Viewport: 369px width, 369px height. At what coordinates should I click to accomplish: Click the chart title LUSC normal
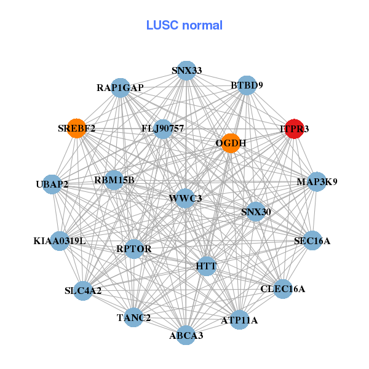pos(184,25)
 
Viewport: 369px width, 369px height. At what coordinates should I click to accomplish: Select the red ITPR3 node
pos(294,129)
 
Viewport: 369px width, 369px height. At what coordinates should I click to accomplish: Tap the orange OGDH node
pos(230,143)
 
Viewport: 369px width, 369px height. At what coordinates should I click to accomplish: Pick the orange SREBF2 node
pos(76,129)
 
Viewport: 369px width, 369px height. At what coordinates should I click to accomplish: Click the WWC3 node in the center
pos(186,198)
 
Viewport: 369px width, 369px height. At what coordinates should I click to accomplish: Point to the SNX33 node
pos(186,71)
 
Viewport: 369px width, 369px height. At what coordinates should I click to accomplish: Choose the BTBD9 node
pos(247,85)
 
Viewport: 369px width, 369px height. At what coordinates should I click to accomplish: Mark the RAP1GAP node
pos(121,88)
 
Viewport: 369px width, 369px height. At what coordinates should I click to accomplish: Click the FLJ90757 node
pos(163,129)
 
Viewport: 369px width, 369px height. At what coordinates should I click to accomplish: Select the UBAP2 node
pos(52,184)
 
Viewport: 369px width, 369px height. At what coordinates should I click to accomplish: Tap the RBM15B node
pos(114,180)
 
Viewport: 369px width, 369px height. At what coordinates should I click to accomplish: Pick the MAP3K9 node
pos(317,181)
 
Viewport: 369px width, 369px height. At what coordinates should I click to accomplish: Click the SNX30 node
pos(255,212)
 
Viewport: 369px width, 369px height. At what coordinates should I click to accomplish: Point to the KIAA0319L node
pos(60,240)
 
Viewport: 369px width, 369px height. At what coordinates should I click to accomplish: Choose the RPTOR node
pos(133,248)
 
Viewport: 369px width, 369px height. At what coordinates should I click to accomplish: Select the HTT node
pos(207,266)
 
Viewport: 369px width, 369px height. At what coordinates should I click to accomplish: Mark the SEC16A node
pos(312,240)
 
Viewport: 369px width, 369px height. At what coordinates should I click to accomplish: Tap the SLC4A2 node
pos(83,290)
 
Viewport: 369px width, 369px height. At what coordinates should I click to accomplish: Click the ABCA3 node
pos(186,335)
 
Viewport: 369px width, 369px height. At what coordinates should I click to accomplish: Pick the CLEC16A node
pos(282,288)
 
